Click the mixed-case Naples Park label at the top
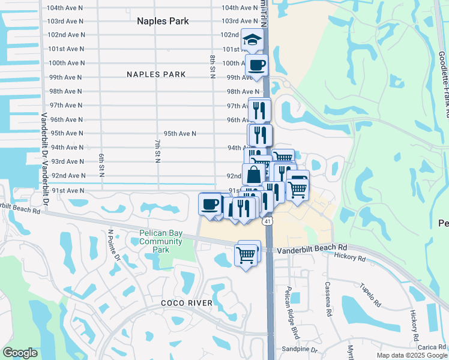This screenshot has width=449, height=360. (163, 21)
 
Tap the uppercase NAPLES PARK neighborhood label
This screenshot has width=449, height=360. (156, 74)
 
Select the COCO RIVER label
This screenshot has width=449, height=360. (187, 303)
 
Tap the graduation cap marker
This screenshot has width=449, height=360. (252, 40)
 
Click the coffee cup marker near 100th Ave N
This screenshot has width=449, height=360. (256, 65)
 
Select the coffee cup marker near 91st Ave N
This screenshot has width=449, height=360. (210, 204)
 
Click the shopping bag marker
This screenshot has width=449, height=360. (254, 175)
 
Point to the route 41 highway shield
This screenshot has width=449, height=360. (268, 221)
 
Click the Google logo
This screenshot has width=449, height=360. (20, 353)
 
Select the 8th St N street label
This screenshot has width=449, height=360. (212, 67)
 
